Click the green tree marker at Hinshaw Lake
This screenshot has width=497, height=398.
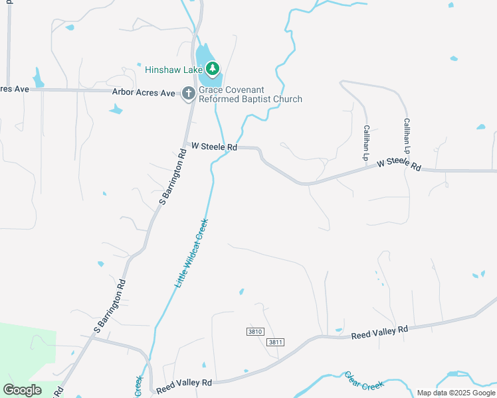pyautogui.click(x=213, y=68)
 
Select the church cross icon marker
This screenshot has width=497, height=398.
pyautogui.click(x=189, y=94)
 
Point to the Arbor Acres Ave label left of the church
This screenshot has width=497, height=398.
pyautogui.click(x=143, y=92)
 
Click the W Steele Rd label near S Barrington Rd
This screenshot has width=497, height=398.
pyautogui.click(x=214, y=146)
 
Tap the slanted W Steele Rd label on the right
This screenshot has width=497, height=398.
pyautogui.click(x=399, y=164)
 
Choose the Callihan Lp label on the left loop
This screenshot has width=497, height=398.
pyautogui.click(x=365, y=143)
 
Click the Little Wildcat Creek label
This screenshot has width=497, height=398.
pyautogui.click(x=192, y=253)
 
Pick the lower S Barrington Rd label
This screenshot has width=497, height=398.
pyautogui.click(x=110, y=306)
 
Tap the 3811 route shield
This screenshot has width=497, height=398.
pyautogui.click(x=275, y=342)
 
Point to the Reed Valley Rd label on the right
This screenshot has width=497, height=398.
pyautogui.click(x=379, y=332)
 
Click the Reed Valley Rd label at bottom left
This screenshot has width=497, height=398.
pyautogui.click(x=184, y=383)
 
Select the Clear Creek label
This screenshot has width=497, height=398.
pyautogui.click(x=365, y=381)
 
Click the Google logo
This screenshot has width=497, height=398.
pyautogui.click(x=23, y=389)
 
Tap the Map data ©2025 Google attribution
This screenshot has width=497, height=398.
pyautogui.click(x=456, y=393)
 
